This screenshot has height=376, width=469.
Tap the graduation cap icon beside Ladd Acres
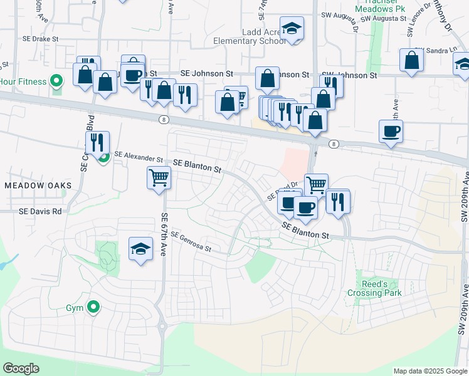click(292, 28)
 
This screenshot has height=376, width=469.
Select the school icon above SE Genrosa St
click(141, 249)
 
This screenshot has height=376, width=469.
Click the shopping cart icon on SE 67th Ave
click(159, 177)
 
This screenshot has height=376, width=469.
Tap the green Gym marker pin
click(93, 307)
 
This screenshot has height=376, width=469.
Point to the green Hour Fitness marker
click(56, 81)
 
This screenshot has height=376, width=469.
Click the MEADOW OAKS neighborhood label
click(38, 185)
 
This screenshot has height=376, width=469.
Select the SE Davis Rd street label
click(41, 212)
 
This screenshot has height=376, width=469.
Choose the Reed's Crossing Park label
click(382, 288)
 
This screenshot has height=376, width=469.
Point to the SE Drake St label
click(38, 38)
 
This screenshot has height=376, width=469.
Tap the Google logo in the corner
click(21, 368)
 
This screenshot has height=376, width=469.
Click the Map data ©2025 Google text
click(429, 371)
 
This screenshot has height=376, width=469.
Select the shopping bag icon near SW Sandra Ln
click(412, 61)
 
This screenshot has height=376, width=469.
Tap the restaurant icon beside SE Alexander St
click(97, 143)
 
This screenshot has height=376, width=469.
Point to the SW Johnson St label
click(349, 75)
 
